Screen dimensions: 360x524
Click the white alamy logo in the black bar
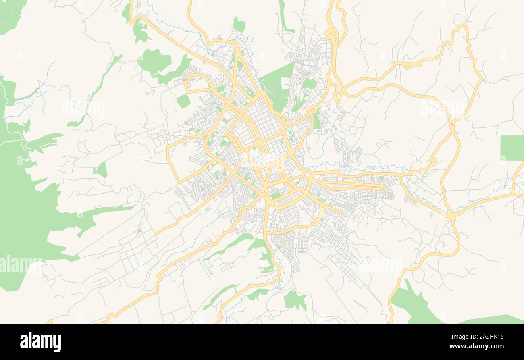point(40,341)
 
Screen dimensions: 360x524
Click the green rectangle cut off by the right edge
point(512,148)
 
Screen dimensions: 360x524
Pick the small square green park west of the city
point(183,101)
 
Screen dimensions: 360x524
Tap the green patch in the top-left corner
point(10,14)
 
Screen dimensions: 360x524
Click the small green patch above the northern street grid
point(239,25)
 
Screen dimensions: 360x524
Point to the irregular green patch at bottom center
point(295,300)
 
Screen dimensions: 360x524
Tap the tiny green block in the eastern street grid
point(381,177)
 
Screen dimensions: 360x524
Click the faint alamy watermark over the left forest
point(20,264)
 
